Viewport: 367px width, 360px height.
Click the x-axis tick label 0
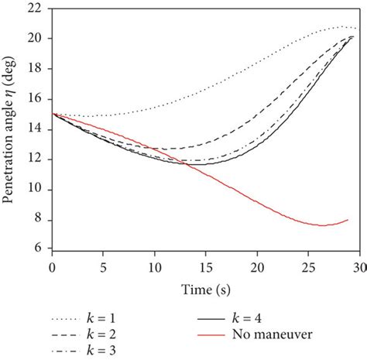[x=52, y=265]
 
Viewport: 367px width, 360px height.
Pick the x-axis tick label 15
[x=205, y=265]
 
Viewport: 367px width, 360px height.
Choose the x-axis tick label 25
[x=307, y=265]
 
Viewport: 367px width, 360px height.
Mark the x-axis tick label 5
[x=103, y=265]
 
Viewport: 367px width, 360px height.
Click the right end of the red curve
[x=348, y=220]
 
